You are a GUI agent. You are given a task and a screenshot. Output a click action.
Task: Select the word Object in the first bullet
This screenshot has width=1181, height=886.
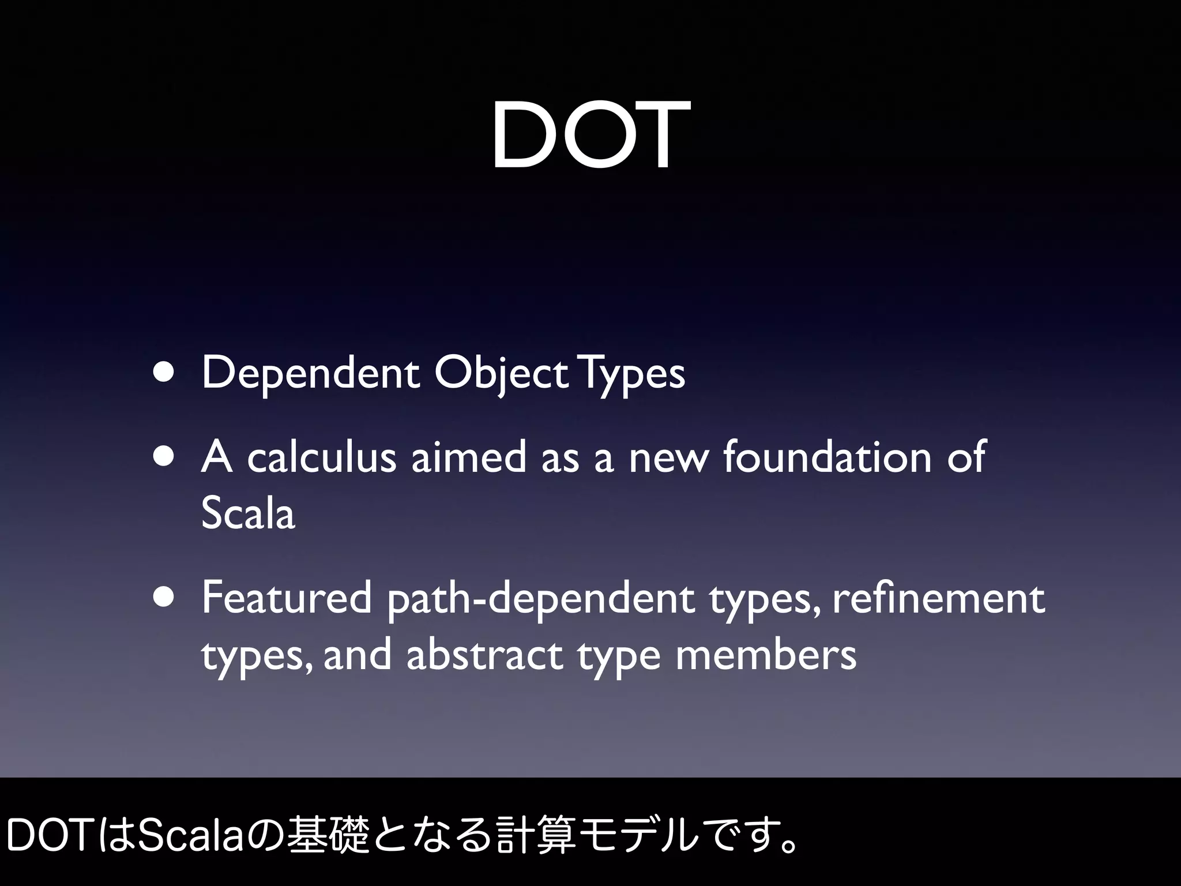pyautogui.click(x=501, y=373)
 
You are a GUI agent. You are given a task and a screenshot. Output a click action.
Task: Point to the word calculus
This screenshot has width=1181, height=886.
pyautogui.click(x=322, y=457)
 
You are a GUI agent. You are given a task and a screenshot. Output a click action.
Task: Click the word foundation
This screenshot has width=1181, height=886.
pyautogui.click(x=827, y=457)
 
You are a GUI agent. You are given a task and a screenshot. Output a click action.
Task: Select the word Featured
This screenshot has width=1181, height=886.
pyautogui.click(x=287, y=598)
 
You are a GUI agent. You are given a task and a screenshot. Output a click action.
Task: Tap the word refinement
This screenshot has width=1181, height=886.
pyautogui.click(x=939, y=598)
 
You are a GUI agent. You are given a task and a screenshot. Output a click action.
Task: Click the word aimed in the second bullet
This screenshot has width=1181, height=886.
pyautogui.click(x=468, y=457)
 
